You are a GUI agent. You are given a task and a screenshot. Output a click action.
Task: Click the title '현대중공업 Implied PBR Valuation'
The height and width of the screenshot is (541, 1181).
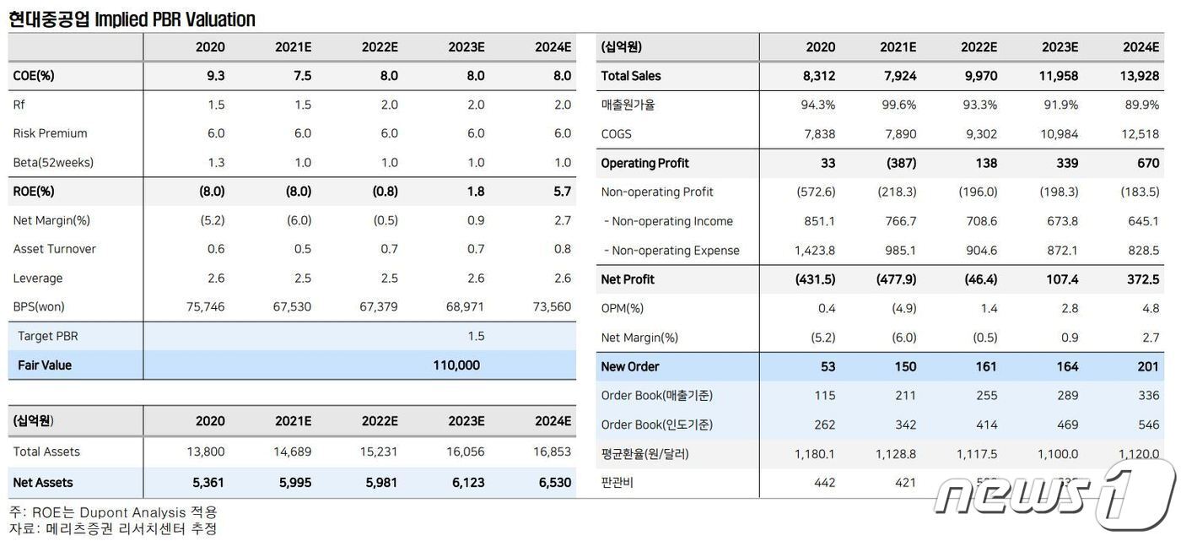pyautogui.click(x=132, y=19)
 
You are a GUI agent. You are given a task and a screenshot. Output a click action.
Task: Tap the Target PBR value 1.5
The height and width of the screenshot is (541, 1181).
pyautogui.click(x=476, y=336)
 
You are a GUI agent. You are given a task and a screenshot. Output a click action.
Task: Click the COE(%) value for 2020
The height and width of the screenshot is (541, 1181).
pyautogui.click(x=215, y=76)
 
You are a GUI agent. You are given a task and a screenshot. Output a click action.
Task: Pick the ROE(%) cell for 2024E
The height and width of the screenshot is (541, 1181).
pyautogui.click(x=562, y=192)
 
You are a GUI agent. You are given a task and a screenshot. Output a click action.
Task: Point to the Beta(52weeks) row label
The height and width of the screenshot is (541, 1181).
pyautogui.click(x=53, y=163)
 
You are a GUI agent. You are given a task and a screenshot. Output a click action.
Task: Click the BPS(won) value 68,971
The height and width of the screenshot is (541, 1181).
pyautogui.click(x=465, y=307)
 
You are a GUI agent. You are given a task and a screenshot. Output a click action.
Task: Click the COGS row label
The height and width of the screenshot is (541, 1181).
pyautogui.click(x=616, y=134)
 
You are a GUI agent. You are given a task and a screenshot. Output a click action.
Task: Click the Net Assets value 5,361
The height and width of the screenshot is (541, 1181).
pyautogui.click(x=206, y=483)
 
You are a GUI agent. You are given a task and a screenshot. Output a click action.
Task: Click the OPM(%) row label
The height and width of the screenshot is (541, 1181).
pyautogui.click(x=622, y=309)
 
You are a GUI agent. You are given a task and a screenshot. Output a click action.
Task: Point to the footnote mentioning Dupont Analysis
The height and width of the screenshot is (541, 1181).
pyautogui.click(x=113, y=512)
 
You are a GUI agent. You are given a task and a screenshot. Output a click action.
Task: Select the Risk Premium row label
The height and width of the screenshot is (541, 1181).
pyautogui.click(x=50, y=133)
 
